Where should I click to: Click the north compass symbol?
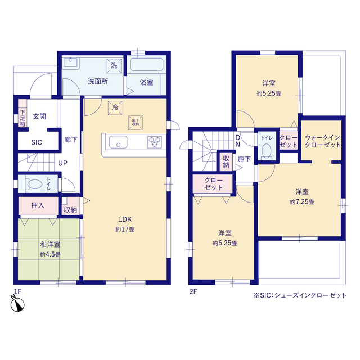[17, 304]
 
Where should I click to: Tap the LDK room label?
[125, 219]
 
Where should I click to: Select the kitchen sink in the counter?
[118, 142]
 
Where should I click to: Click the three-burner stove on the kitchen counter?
[155, 142]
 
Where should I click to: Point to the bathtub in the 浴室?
[146, 64]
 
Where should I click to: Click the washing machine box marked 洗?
[114, 66]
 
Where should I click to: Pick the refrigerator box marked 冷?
[115, 107]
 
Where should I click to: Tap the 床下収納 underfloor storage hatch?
[136, 123]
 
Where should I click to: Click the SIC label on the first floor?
[37, 142]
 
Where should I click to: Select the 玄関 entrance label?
[39, 116]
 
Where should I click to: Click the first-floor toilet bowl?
[35, 184]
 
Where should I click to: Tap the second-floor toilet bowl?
[266, 151]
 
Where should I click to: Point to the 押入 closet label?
[38, 205]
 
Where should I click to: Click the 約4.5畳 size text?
[50, 254]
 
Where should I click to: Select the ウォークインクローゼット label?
[322, 141]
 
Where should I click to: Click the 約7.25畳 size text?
[302, 202]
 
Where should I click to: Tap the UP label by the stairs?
[62, 163]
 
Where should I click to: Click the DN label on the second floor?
[238, 141]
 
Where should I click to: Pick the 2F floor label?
[193, 291]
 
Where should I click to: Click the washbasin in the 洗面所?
[71, 62]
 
